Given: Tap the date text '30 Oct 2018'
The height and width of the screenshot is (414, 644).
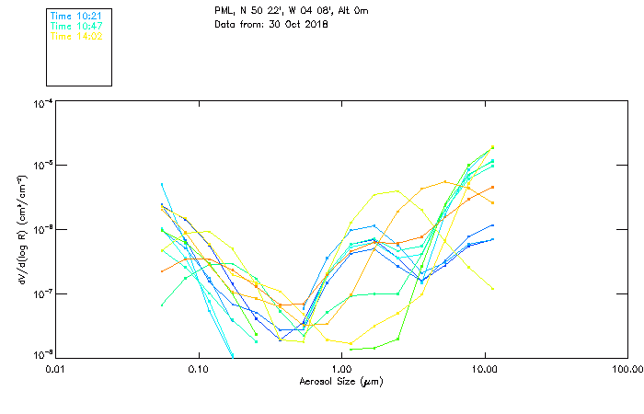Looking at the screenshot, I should tap(299, 24).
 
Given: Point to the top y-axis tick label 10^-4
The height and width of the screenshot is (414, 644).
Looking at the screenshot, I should tap(41, 104).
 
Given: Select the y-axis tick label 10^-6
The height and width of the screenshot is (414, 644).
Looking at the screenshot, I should tap(41, 230).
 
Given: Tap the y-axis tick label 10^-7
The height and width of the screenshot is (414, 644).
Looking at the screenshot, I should tap(41, 293).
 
